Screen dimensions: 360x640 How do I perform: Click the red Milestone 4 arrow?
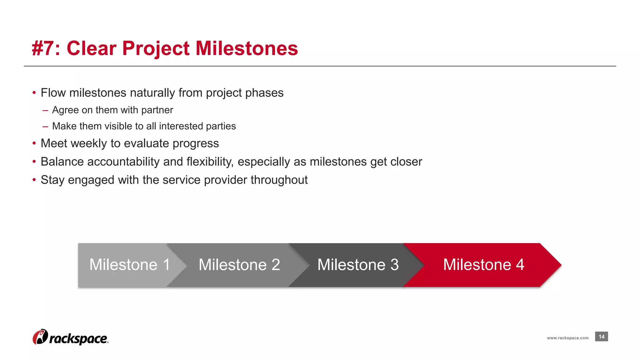point(483,265)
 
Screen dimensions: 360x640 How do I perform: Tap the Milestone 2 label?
point(239,265)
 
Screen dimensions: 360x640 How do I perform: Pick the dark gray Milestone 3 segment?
point(358,265)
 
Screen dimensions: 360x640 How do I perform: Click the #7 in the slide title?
point(43,49)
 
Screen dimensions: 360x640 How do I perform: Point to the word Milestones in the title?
point(247,49)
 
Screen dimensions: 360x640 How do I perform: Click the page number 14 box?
point(601,337)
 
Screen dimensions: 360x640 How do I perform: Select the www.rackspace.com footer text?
point(567,338)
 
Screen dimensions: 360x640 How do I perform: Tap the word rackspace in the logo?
point(78,339)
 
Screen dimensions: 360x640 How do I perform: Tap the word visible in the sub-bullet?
point(118,126)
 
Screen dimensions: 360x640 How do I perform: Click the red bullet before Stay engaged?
point(34,180)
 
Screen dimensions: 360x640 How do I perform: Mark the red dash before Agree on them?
point(45,110)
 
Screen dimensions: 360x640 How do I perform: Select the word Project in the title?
point(156,49)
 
